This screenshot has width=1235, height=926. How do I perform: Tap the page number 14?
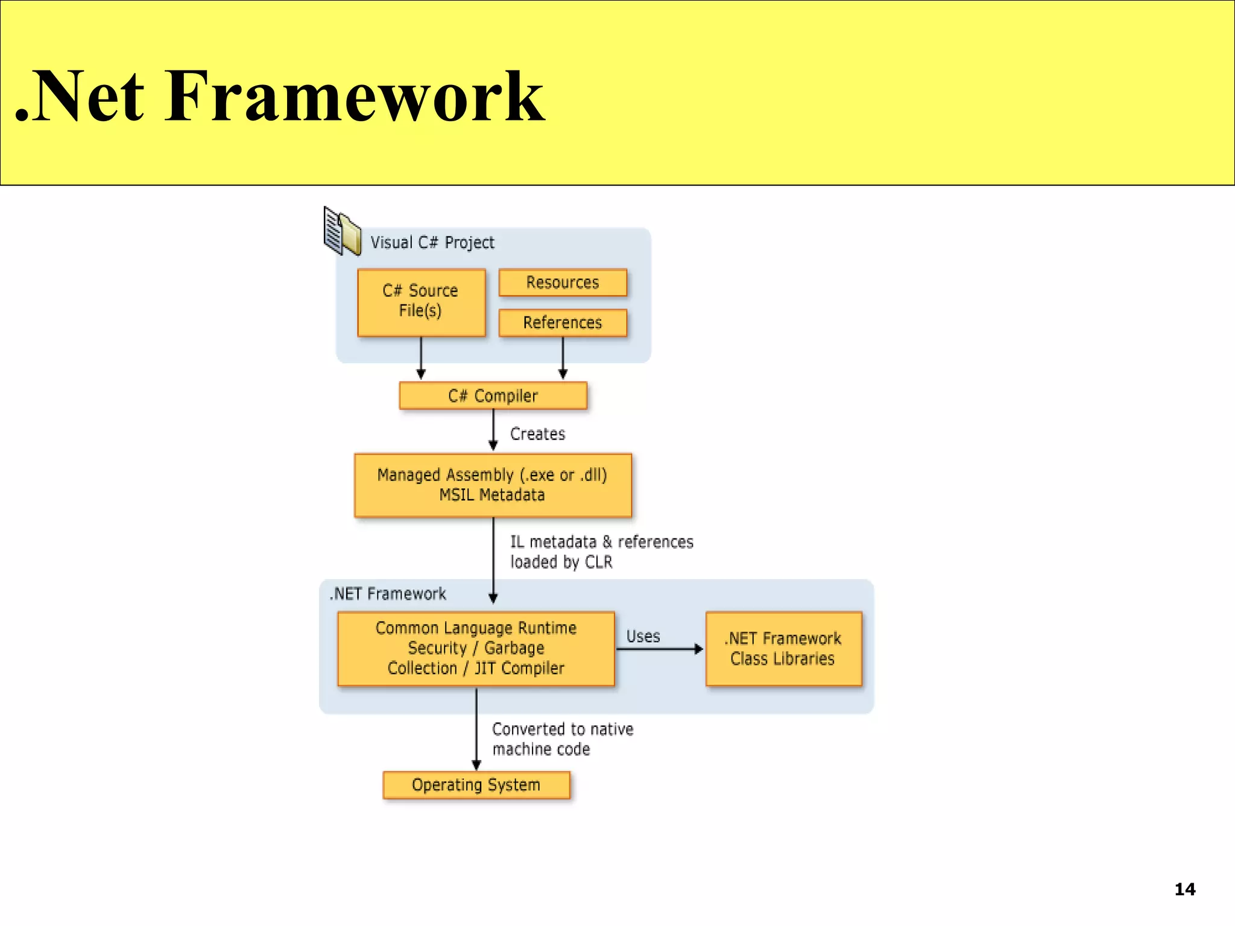[x=1184, y=889]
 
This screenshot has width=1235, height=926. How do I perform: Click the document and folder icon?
[x=341, y=231]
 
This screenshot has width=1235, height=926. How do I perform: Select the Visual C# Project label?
[x=432, y=242]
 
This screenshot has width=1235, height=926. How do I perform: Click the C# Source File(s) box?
[x=421, y=301]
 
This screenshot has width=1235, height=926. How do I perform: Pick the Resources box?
[x=563, y=282]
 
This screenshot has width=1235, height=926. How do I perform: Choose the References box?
[x=563, y=323]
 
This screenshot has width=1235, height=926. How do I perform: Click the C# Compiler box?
[x=493, y=395]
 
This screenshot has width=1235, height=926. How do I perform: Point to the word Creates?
[x=537, y=434]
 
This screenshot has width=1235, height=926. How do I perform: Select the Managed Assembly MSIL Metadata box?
[x=493, y=485]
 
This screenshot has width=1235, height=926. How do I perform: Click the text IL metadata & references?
[x=602, y=542]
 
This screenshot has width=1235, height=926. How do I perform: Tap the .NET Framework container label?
[x=388, y=594]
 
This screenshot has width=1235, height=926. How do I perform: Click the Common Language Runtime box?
[x=476, y=648]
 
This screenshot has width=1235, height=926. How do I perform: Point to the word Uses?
[x=643, y=637]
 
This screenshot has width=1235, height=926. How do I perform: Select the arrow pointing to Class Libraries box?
[x=660, y=649]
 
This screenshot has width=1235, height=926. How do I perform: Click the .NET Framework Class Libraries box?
[x=783, y=648]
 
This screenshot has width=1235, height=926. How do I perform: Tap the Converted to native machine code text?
[x=562, y=739]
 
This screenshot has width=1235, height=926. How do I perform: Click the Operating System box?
[x=476, y=785]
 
